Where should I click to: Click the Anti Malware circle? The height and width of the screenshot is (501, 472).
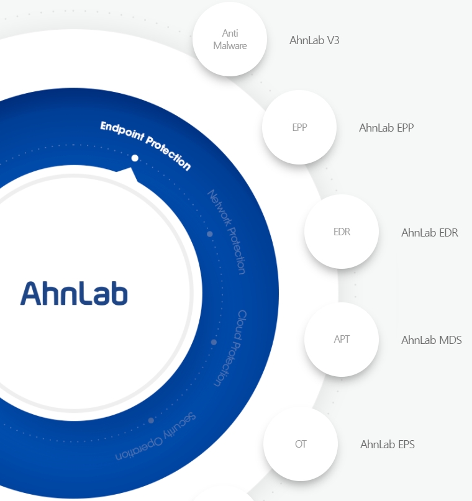[230, 39]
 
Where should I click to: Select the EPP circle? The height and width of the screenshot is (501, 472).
[299, 127]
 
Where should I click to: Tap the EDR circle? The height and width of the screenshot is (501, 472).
[342, 232]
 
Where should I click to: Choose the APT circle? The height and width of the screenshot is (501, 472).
[342, 340]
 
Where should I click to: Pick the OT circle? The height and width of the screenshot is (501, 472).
[301, 444]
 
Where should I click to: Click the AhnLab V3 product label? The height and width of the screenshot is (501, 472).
[314, 40]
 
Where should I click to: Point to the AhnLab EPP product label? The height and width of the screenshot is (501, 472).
[386, 128]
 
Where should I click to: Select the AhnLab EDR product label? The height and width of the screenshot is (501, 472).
[430, 233]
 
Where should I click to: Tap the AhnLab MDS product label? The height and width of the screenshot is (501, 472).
[432, 340]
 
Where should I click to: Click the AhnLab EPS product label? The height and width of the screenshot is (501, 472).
[388, 445]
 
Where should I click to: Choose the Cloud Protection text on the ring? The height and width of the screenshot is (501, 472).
[230, 348]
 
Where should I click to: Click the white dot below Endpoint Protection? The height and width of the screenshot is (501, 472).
[135, 158]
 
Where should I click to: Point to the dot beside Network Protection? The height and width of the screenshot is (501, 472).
[210, 234]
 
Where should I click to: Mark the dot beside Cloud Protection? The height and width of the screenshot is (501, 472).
[214, 342]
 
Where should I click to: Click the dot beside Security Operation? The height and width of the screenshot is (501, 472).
[151, 420]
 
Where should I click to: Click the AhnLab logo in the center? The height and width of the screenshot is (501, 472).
[74, 293]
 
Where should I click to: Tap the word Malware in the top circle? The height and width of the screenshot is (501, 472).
[230, 45]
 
